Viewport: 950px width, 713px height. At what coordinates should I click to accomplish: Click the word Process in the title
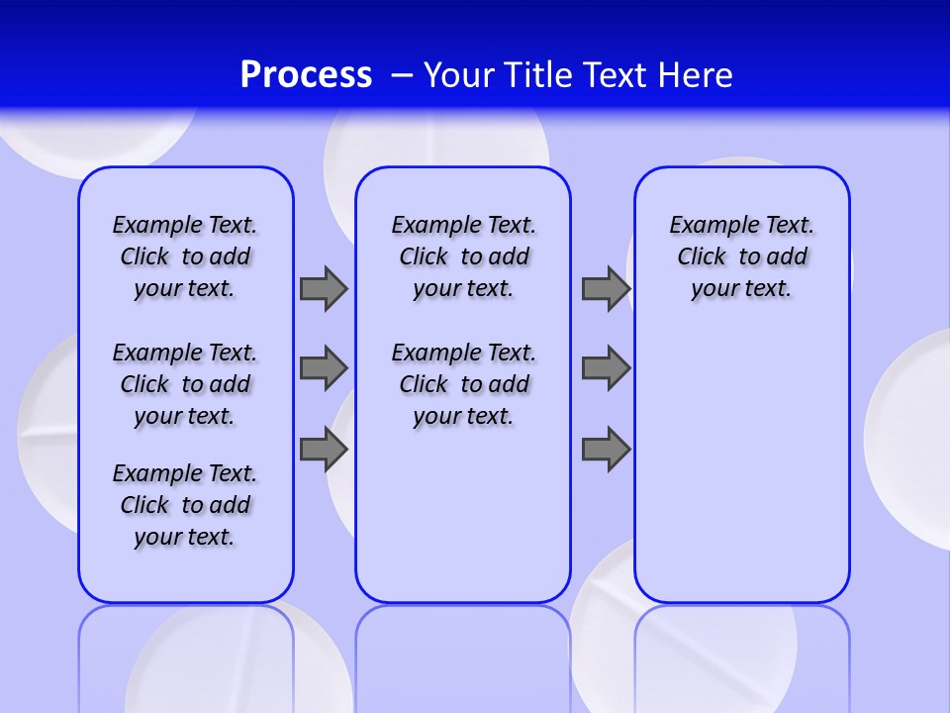(306, 75)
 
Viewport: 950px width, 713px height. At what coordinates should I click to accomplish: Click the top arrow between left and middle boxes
(324, 288)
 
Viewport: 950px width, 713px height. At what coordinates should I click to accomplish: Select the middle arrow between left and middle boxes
(324, 368)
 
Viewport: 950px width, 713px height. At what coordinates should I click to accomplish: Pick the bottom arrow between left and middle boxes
(324, 450)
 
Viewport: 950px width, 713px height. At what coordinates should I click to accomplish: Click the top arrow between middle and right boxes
(606, 288)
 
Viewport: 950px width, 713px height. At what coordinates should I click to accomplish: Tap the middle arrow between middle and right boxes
(606, 368)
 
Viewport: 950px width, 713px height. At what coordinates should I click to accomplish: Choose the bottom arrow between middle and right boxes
(606, 450)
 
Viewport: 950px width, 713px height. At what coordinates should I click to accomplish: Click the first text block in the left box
(185, 256)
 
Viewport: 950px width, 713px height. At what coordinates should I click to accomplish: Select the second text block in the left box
(185, 384)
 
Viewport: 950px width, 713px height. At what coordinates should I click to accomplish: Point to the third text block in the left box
(185, 505)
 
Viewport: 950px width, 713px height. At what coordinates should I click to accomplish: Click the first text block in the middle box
(463, 256)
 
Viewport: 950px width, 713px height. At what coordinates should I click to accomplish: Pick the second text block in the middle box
(463, 384)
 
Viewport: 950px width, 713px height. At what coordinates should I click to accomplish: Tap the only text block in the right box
(742, 256)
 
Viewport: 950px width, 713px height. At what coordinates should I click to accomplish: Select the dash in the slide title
(402, 75)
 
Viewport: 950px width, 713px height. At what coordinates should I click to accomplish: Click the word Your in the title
(461, 75)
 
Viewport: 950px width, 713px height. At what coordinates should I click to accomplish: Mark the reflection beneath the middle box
(463, 654)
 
